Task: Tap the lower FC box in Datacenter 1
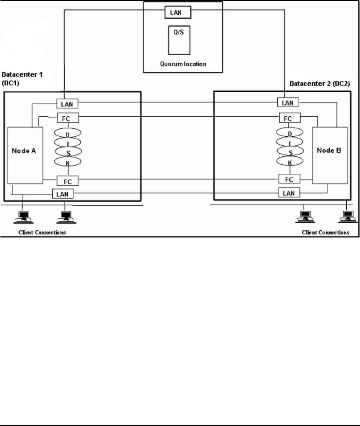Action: point(67,181)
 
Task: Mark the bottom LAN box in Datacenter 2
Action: point(288,193)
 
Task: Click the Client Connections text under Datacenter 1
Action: point(42,232)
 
